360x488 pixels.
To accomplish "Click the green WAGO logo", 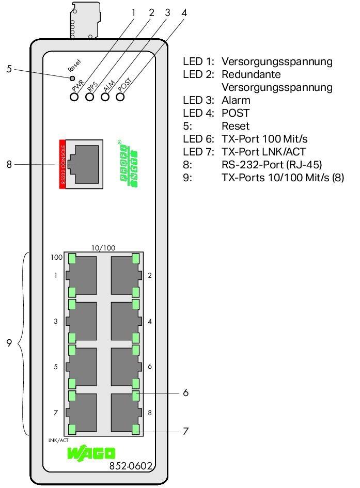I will pyautogui.click(x=91, y=454).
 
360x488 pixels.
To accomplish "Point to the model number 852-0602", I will pyautogui.click(x=131, y=466).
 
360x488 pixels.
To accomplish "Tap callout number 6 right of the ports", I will pyautogui.click(x=185, y=393).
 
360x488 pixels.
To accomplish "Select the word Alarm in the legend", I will pyautogui.click(x=236, y=101).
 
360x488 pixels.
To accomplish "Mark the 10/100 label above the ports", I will pyautogui.click(x=103, y=248).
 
